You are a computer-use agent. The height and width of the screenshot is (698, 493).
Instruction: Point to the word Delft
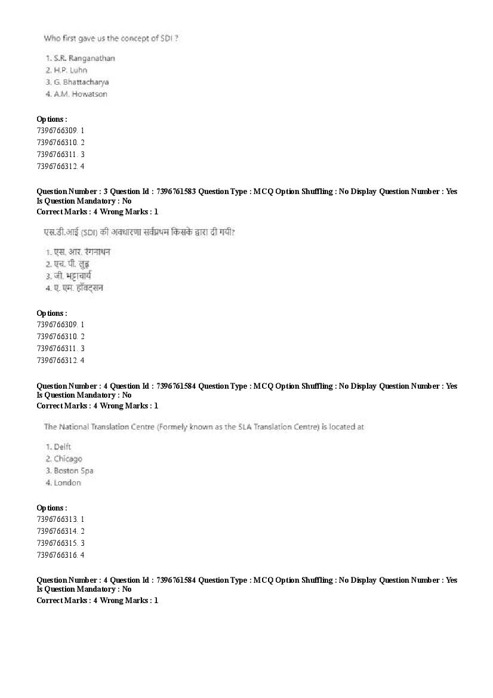pyautogui.click(x=62, y=447)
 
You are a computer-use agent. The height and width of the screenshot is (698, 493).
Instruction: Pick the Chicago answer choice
pyautogui.click(x=67, y=459)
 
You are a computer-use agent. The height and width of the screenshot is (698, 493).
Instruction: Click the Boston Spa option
pyautogui.click(x=73, y=471)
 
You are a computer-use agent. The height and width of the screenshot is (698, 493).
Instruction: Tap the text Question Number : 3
pyautogui.click(x=68, y=192)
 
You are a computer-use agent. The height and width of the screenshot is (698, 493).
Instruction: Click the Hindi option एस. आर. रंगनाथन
pyautogui.click(x=82, y=251)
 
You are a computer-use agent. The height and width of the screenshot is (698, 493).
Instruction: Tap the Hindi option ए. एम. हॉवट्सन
pyautogui.click(x=78, y=288)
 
